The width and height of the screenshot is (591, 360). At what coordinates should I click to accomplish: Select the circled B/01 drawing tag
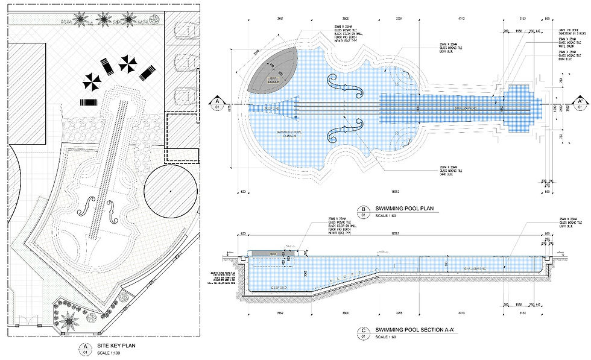(x=364, y=212)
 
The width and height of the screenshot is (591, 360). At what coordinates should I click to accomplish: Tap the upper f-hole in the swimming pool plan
(x=346, y=86)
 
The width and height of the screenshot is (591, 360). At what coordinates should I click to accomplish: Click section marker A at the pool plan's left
(x=216, y=103)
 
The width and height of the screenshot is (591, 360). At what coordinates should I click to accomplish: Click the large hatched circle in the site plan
(x=172, y=190)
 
